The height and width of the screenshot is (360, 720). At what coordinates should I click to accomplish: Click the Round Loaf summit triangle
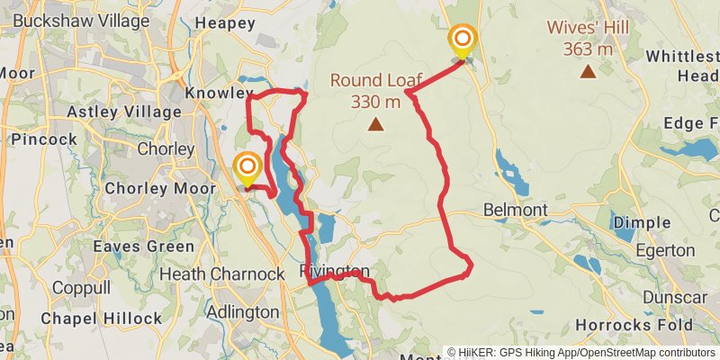pos(375,125)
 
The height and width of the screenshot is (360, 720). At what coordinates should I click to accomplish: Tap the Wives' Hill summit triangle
pos(588,71)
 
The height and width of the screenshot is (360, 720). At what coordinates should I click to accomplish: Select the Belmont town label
pos(516,210)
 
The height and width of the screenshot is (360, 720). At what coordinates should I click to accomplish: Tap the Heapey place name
pos(225,24)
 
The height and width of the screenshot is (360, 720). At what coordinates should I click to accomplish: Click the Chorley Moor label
pos(160,189)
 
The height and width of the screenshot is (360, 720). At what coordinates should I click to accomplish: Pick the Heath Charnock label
pos(216,273)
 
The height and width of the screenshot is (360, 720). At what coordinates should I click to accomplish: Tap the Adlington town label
pos(242,311)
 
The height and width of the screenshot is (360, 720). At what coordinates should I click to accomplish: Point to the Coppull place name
pos(81,288)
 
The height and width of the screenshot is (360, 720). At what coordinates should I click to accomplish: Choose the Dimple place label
pos(641,222)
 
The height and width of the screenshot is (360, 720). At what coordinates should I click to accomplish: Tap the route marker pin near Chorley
pos(247,168)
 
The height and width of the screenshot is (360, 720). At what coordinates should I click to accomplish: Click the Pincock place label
pos(44,139)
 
